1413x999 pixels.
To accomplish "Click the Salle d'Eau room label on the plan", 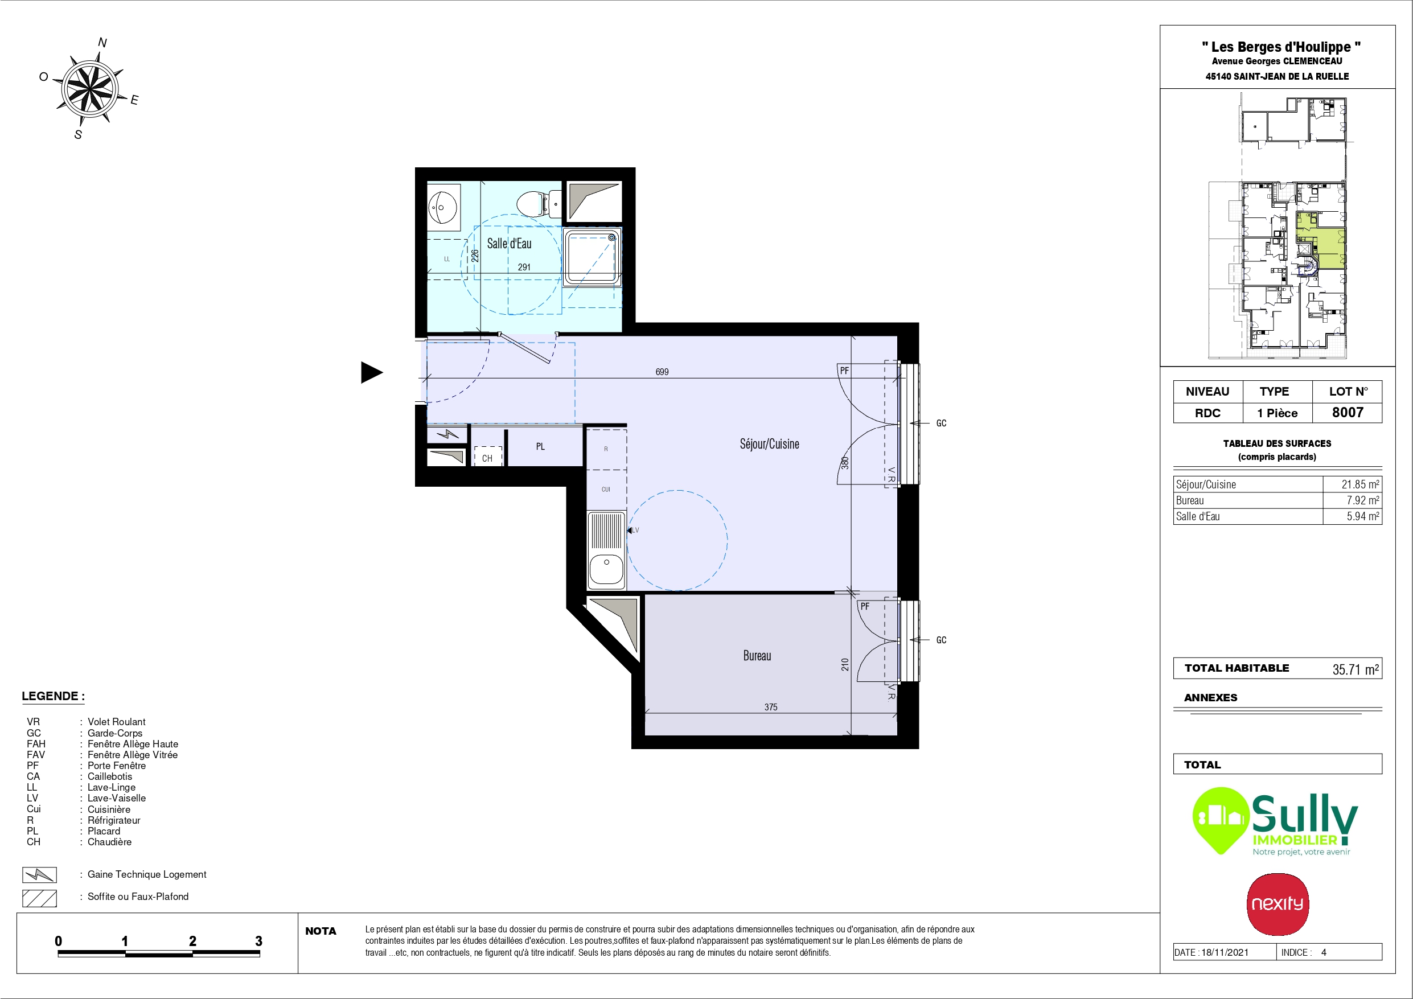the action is [509, 244].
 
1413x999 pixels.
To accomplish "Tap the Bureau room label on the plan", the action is [757, 656].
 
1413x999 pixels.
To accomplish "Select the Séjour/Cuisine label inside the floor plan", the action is [769, 445].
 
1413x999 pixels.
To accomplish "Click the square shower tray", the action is [592, 258].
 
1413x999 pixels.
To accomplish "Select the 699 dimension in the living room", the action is [662, 372].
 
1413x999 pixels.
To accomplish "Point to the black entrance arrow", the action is [371, 372].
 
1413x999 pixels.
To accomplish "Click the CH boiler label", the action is [487, 459].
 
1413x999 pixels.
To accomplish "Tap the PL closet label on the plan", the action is [540, 447].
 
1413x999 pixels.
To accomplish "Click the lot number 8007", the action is [1348, 412].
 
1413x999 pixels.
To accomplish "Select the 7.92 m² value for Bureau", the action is [1362, 500].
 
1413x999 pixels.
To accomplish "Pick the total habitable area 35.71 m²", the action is [1356, 669].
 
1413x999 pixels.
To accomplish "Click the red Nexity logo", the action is [1278, 904].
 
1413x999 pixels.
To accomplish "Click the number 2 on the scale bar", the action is [192, 941].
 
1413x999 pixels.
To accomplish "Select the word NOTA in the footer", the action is [321, 931].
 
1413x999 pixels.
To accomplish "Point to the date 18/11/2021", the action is [1225, 952].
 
